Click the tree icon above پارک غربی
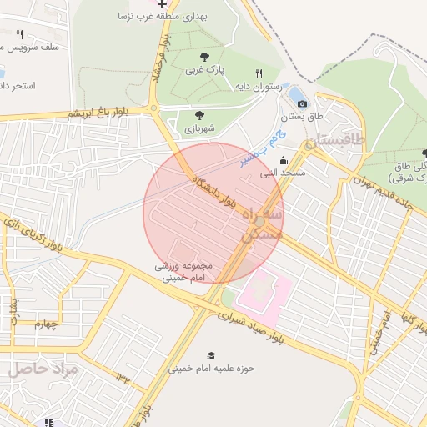[x=205, y=57]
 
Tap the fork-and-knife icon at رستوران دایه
[x=259, y=74]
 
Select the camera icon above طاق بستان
[x=302, y=103]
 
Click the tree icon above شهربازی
[x=198, y=116]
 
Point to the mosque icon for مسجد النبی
[x=283, y=161]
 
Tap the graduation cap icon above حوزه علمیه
[x=210, y=355]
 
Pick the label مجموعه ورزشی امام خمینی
[x=183, y=271]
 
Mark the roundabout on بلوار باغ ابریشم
[x=155, y=108]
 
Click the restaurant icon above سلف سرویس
[x=19, y=34]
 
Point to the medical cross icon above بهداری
[x=162, y=3]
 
